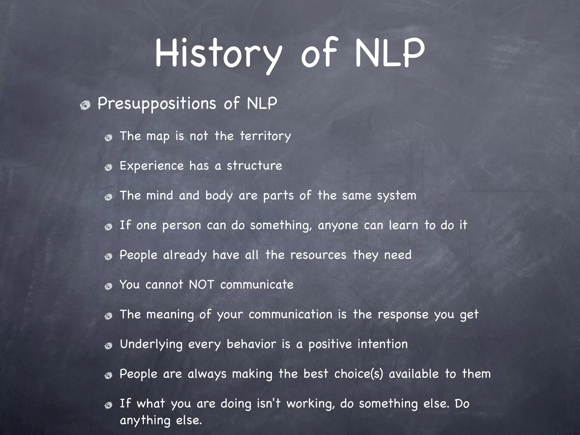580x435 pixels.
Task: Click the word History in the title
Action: (x=218, y=54)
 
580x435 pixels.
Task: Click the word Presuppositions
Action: (x=157, y=103)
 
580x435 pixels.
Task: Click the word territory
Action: (x=265, y=136)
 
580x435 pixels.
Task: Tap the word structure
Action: (x=254, y=166)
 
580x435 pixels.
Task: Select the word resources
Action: (x=318, y=255)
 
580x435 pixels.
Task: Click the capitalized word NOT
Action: (x=201, y=284)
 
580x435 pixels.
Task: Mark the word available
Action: (x=413, y=374)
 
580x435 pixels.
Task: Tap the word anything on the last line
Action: (x=145, y=421)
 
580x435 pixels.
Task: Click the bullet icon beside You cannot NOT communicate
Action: (x=108, y=287)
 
